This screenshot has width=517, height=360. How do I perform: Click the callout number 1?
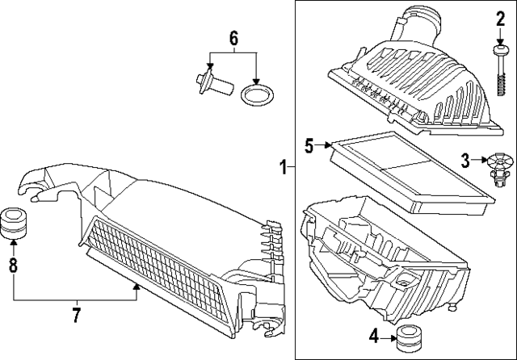click(x=283, y=168)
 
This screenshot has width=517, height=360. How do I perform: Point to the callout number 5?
click(x=309, y=145)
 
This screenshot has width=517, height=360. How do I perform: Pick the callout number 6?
click(x=233, y=37)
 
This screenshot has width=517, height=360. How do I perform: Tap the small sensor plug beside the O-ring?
click(x=211, y=84)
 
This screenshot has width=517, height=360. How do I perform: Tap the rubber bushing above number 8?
click(x=13, y=224)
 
